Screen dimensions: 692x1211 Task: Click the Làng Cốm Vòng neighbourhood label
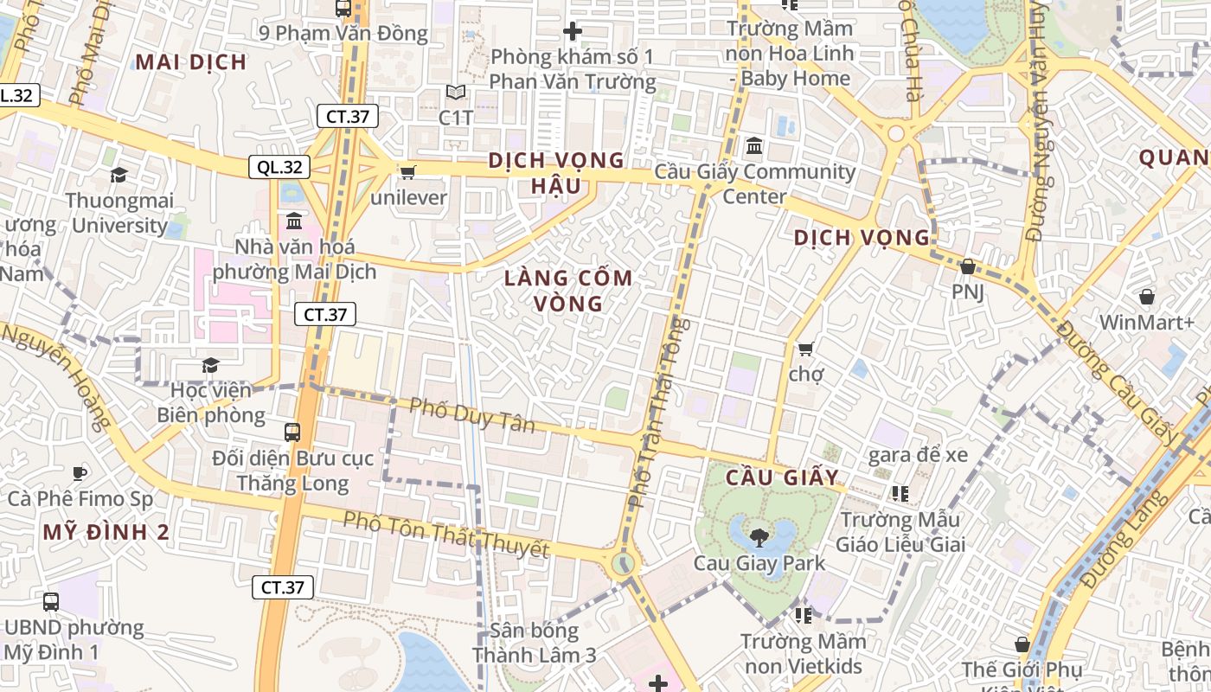(x=569, y=291)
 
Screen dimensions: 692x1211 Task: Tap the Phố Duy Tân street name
(x=472, y=413)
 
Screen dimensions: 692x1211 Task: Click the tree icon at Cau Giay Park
(x=759, y=537)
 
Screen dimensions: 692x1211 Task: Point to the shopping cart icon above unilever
(x=407, y=172)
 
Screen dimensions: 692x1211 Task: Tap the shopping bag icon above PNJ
(x=968, y=266)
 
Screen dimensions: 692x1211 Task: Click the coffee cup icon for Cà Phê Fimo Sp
(x=80, y=472)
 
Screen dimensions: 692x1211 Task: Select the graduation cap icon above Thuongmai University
(x=119, y=175)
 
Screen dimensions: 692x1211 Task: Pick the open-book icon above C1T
(x=456, y=92)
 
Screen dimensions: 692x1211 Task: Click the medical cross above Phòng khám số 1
(x=572, y=32)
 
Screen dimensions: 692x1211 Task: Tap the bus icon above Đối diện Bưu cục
(x=292, y=432)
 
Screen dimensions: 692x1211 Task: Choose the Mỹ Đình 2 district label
(x=106, y=532)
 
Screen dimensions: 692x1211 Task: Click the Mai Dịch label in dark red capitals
(x=191, y=61)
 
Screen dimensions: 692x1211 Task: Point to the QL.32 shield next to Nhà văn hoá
(x=279, y=167)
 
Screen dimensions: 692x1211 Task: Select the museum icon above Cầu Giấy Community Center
(x=753, y=145)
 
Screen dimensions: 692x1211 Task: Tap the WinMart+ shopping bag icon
(x=1146, y=297)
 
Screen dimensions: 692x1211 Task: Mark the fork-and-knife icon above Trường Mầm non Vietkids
(x=803, y=615)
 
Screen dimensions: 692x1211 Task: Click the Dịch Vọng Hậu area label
(x=556, y=172)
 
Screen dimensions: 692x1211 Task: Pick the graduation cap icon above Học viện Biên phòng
(x=210, y=365)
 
